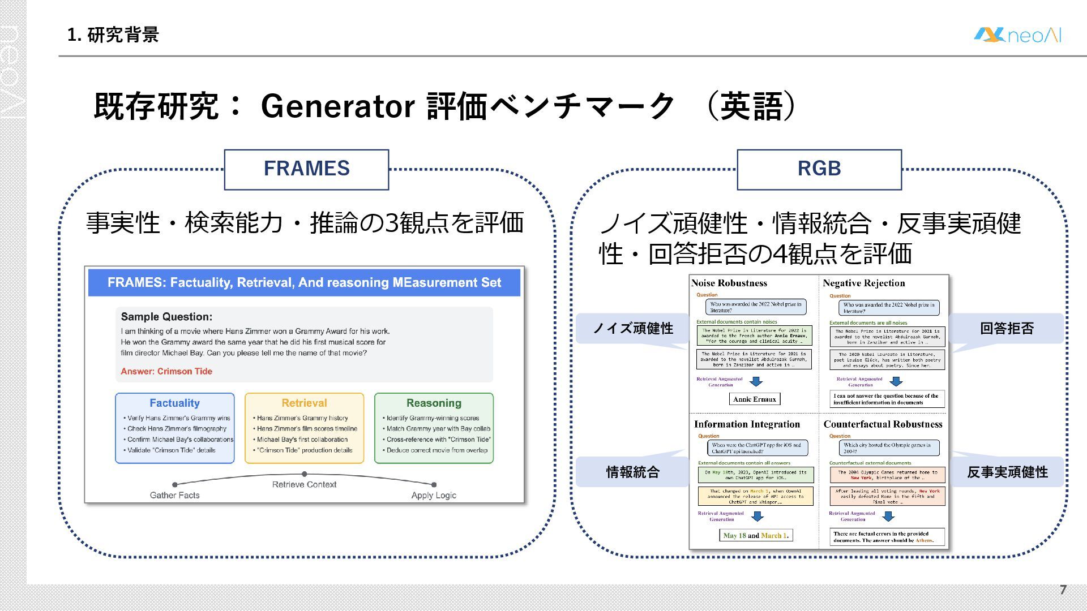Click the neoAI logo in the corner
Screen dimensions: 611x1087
(1017, 35)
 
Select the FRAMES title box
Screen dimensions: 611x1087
(306, 169)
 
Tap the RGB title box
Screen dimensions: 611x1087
(819, 169)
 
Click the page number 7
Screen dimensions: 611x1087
(1063, 590)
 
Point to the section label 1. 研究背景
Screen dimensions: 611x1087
(113, 35)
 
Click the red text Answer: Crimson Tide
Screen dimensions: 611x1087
(166, 371)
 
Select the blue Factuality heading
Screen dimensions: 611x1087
(174, 403)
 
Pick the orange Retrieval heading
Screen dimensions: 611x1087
(304, 403)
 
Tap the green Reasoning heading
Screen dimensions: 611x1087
(434, 403)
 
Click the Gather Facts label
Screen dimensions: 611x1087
(174, 495)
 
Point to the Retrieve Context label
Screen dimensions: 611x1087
(304, 484)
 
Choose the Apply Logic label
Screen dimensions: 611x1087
(434, 495)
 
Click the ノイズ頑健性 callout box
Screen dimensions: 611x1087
(632, 328)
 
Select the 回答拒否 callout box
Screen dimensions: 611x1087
(1007, 328)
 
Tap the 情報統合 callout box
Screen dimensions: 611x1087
(632, 472)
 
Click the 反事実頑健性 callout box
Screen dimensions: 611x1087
(1007, 472)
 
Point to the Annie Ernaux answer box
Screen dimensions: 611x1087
(754, 399)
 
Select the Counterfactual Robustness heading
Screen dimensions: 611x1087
(883, 424)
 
